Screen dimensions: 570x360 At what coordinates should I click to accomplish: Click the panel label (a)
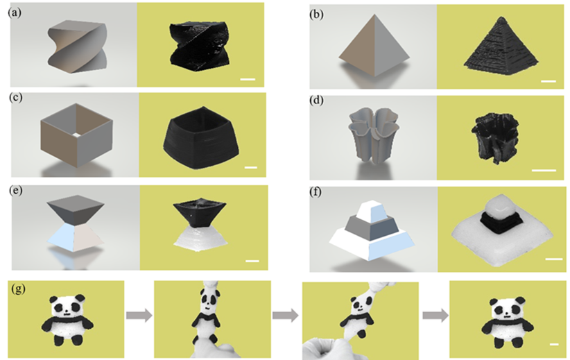click(x=15, y=12)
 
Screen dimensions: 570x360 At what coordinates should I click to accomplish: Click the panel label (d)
click(x=317, y=101)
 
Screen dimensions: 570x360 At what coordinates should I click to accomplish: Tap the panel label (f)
click(x=316, y=191)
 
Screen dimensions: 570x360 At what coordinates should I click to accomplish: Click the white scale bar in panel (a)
click(x=248, y=79)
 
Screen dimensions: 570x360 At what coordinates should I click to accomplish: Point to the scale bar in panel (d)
click(x=544, y=170)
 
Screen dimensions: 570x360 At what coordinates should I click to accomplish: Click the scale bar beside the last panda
click(x=554, y=344)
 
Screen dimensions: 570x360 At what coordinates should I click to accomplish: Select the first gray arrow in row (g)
click(x=139, y=315)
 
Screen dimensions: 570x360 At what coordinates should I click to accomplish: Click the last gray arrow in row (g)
click(x=435, y=315)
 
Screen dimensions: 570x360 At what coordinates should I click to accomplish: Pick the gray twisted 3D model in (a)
click(x=77, y=46)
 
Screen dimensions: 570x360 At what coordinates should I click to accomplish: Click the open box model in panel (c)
click(x=76, y=135)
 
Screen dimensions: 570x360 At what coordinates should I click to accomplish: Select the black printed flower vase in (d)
click(x=495, y=138)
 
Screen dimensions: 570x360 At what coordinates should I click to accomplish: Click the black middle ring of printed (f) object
click(x=501, y=223)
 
